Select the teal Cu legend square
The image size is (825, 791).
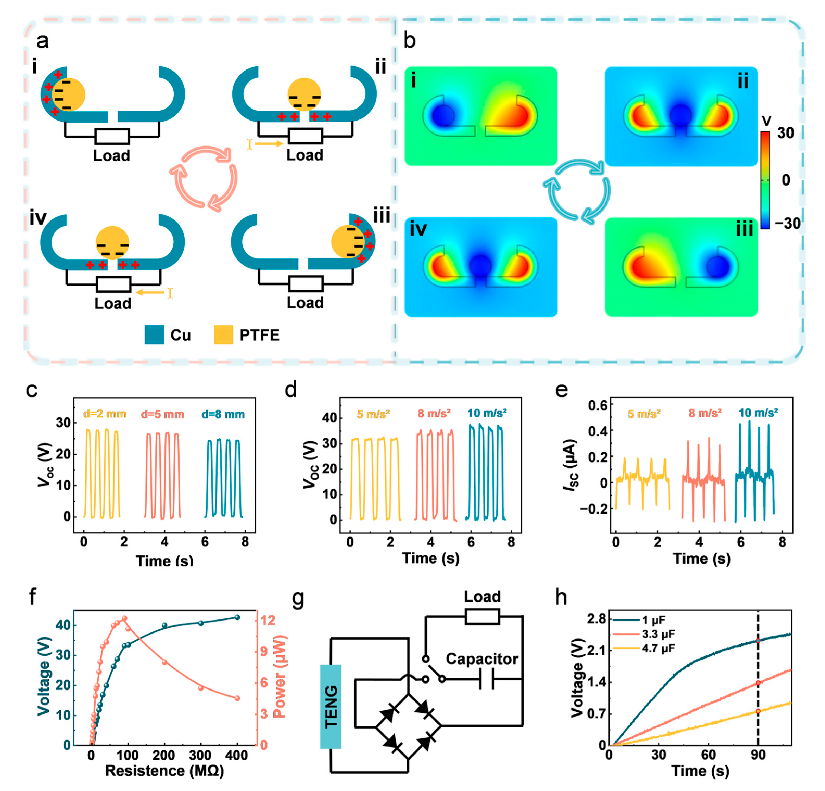coord(154,335)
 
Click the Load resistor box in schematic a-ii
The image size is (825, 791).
coord(305,136)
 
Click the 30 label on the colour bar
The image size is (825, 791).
coord(785,134)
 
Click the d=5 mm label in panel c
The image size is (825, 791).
coord(162,414)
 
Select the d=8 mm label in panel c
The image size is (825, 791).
coord(223,414)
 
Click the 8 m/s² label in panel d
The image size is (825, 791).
coord(434,413)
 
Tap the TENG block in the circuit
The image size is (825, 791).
coord(331,706)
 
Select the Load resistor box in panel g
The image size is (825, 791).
coord(482,617)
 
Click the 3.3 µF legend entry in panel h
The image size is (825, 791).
coord(658,634)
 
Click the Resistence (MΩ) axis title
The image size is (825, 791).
coord(164,771)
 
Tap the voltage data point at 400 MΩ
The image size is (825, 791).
coord(237,617)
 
